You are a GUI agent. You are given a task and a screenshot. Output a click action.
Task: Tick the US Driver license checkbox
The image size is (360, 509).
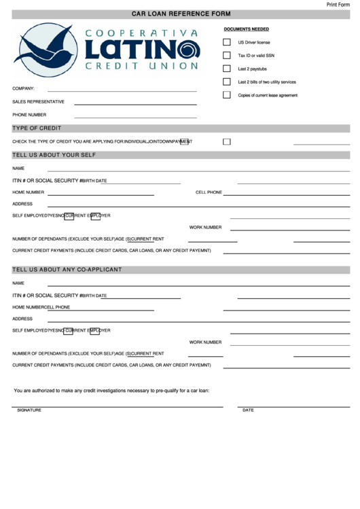point(227,42)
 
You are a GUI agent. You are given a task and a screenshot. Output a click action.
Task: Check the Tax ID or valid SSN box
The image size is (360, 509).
point(227,55)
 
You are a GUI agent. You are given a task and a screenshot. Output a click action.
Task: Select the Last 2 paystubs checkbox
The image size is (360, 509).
point(227,69)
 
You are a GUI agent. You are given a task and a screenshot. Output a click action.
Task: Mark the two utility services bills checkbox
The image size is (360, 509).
point(227,82)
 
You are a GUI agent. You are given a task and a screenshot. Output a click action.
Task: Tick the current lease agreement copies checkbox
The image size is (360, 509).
point(227,95)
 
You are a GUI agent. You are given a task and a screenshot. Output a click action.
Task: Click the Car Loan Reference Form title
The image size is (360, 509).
point(181,14)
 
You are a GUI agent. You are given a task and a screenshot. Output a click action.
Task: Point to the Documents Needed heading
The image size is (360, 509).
point(246,29)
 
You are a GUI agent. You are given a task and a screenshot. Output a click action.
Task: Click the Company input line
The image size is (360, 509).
point(122,90)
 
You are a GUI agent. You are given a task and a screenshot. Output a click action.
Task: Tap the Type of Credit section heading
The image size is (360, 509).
point(37,128)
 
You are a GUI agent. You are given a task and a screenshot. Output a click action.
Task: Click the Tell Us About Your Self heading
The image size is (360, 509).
point(54,155)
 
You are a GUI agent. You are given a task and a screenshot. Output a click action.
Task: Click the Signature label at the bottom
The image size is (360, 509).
point(29,410)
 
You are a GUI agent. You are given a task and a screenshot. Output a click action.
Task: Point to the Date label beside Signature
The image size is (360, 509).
point(248,410)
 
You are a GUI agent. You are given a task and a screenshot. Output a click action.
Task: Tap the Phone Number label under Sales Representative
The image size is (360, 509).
point(29,115)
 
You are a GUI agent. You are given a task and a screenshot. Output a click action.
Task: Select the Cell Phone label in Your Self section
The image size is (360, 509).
point(209,192)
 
